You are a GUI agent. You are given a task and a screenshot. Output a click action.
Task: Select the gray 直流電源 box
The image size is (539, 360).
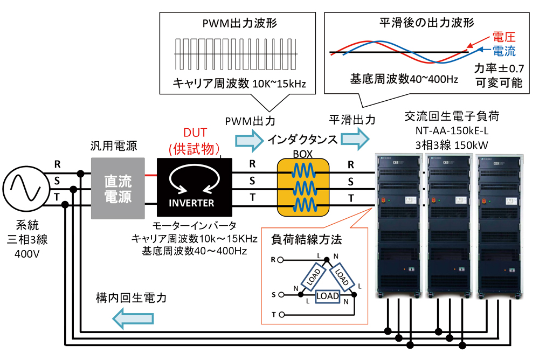[118, 188]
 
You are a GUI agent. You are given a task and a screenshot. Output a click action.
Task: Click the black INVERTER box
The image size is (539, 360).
[194, 189]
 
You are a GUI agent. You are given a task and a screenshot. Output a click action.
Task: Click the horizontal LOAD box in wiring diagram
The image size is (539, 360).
[327, 296]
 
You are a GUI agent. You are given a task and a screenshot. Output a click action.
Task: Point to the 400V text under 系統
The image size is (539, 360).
[26, 252]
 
